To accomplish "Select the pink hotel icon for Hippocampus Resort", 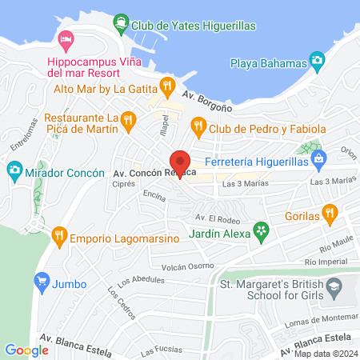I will pos(66,38).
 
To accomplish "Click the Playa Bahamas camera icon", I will pos(318,60).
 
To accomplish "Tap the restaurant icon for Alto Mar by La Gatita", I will pos(166,85).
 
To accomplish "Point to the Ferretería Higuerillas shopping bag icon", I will pos(319,158).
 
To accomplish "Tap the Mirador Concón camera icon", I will pos(14,170).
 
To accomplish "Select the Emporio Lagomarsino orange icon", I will pos(58,235).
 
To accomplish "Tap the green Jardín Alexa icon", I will pos(260,232).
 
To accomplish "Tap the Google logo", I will pos(26,350).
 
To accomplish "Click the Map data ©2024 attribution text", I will pos(324,354).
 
